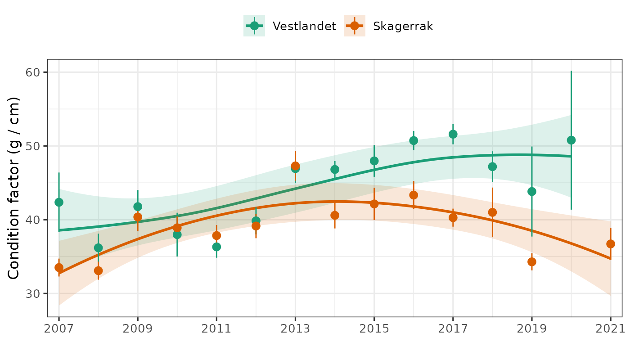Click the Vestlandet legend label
(304, 26)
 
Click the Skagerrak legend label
(403, 26)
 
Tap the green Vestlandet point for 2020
(571, 140)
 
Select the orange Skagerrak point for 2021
(611, 244)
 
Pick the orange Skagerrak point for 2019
(532, 262)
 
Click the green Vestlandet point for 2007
(59, 202)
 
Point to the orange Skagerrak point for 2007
(59, 268)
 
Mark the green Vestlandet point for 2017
(453, 134)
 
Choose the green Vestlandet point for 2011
(216, 247)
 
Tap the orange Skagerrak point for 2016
(414, 195)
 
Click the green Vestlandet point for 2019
(532, 191)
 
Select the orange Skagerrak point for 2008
(98, 270)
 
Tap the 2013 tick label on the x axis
(295, 328)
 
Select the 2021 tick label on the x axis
(610, 328)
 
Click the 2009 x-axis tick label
(138, 328)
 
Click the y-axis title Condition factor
(14, 188)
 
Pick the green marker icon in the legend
(254, 26)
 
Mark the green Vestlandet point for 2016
(414, 140)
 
